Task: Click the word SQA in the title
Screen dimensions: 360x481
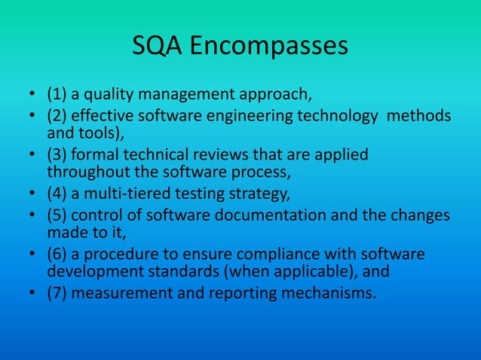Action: [x=156, y=47]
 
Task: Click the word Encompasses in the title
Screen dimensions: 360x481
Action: [x=268, y=47]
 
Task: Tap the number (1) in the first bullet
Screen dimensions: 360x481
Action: [x=57, y=96]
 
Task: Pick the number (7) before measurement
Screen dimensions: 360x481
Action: [x=57, y=292]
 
